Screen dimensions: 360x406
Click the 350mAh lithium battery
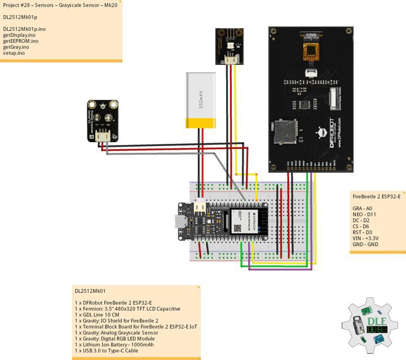click(200, 102)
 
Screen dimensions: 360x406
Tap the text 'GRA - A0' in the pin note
click(364, 208)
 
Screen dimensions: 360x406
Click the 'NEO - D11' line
click(365, 214)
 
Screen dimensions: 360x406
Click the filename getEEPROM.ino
click(21, 41)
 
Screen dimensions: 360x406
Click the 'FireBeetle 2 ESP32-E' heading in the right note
click(376, 196)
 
